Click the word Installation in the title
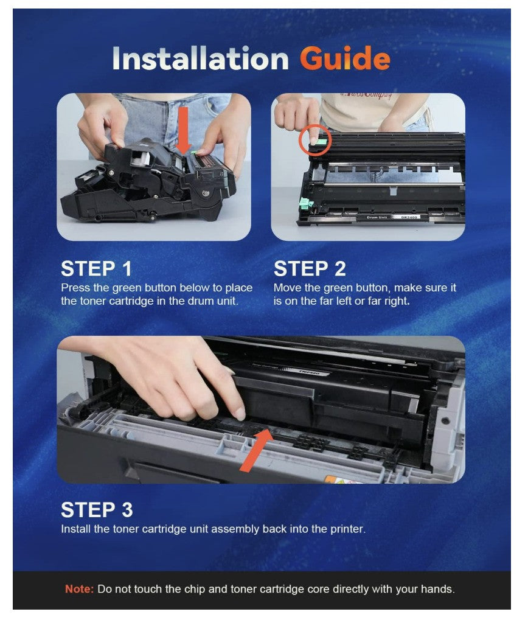[x=201, y=58]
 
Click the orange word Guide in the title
[x=344, y=58]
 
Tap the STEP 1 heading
[x=96, y=268]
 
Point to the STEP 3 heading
[x=97, y=510]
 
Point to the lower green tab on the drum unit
[x=305, y=204]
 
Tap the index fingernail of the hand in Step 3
[x=238, y=414]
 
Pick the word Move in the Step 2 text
[x=287, y=287]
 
